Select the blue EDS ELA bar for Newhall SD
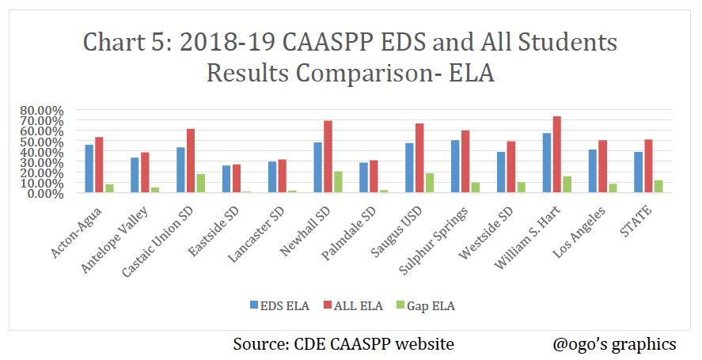click(x=317, y=168)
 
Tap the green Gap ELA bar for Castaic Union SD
click(x=201, y=183)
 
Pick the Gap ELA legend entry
click(x=430, y=303)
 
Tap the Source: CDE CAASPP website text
click(x=343, y=344)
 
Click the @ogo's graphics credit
click(x=615, y=344)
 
